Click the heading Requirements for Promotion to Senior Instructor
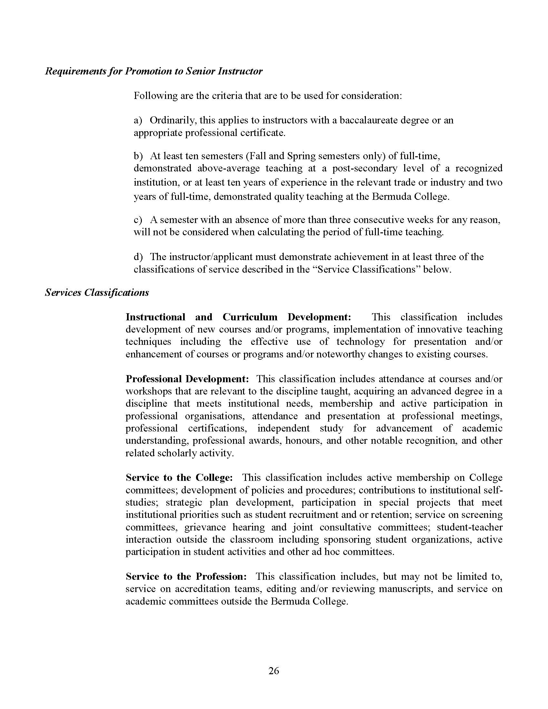coord(153,71)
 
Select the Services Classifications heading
coord(97,293)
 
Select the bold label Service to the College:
coord(179,478)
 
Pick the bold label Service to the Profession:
coord(186,576)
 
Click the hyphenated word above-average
coord(227,168)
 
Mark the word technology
coord(360,342)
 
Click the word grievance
coord(205,527)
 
